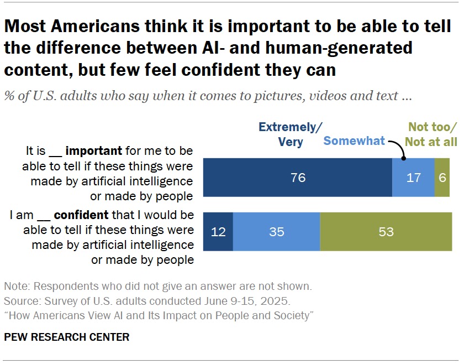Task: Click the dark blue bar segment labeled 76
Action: point(298,178)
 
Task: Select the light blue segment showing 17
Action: point(413,178)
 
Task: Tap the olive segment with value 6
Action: point(442,178)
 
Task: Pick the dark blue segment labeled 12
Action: point(218,231)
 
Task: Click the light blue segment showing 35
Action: point(276,231)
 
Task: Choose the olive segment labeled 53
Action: point(386,231)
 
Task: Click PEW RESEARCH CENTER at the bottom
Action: point(66,337)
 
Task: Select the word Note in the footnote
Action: point(15,287)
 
